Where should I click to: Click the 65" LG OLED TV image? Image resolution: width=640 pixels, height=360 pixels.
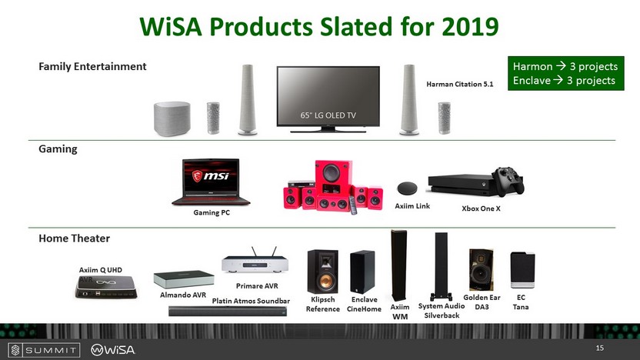[x=328, y=99]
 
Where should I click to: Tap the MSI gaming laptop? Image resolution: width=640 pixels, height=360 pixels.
[x=211, y=182]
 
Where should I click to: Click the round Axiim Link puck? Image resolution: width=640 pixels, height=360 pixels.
[x=407, y=188]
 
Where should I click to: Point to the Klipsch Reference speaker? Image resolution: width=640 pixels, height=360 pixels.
[x=322, y=272]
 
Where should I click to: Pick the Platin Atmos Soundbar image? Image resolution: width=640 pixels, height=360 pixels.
[x=228, y=312]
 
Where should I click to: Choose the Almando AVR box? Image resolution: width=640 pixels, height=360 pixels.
[x=184, y=279]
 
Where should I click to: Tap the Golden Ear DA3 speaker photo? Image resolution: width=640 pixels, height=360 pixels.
[x=482, y=270]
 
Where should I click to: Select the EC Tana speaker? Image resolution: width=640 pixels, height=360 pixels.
[x=522, y=270]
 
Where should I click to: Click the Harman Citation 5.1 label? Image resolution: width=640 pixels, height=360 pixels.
[x=459, y=84]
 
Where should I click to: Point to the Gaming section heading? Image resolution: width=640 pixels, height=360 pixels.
[x=58, y=149]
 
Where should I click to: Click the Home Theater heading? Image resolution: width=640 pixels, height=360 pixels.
[x=75, y=238]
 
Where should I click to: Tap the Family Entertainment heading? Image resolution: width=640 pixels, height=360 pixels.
[x=92, y=66]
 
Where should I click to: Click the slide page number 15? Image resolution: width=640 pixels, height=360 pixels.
[x=599, y=348]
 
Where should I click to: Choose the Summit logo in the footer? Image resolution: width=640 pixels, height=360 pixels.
[x=44, y=350]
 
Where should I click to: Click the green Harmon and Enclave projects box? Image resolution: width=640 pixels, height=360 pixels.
[x=565, y=74]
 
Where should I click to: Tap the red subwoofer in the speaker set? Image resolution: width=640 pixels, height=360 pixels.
[x=333, y=177]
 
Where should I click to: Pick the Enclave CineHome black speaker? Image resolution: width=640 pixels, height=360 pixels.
[x=362, y=272]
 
